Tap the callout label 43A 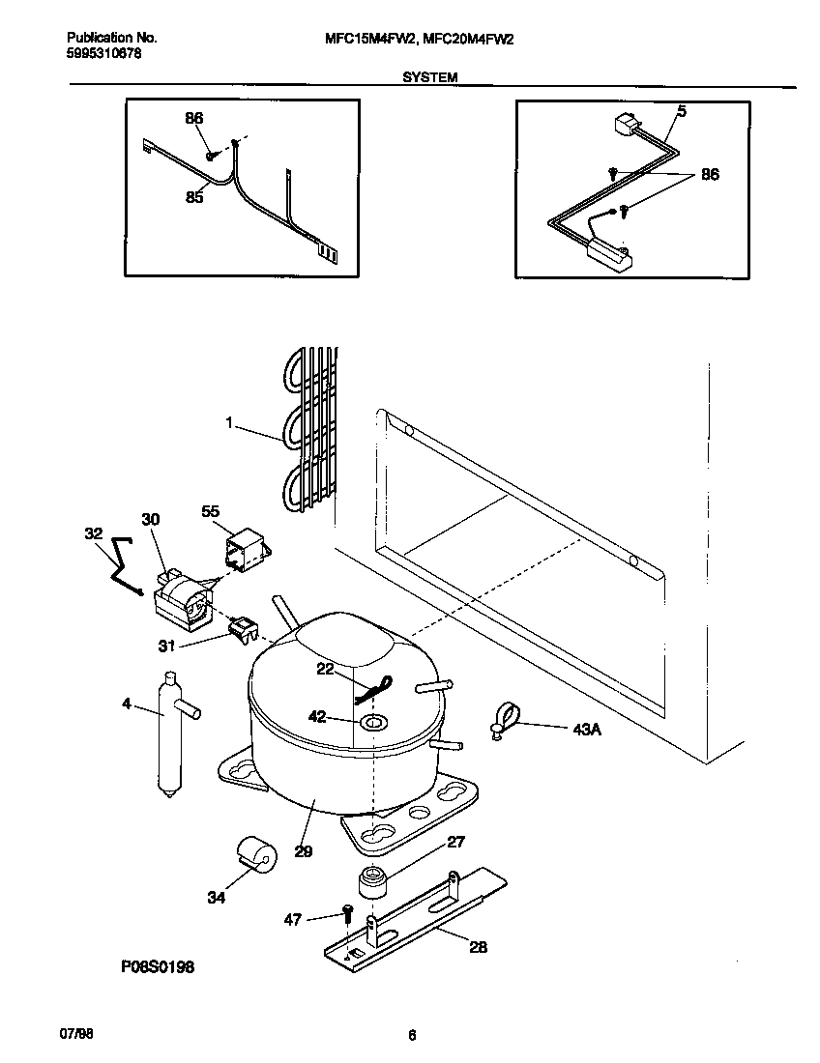[588, 730]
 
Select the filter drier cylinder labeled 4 [169, 734]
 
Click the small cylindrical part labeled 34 [256, 854]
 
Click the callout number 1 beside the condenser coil [230, 422]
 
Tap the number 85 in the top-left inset [194, 197]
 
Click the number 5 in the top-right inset [681, 111]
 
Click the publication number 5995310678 [104, 54]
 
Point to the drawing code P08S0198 [159, 966]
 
